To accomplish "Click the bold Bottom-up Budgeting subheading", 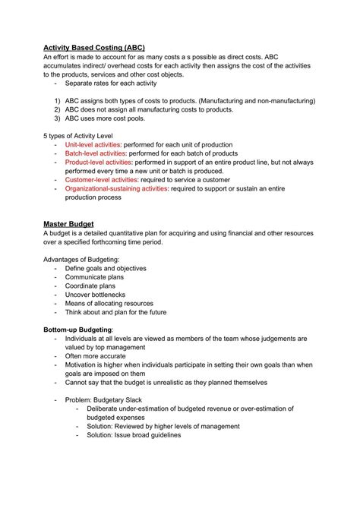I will click(x=78, y=330).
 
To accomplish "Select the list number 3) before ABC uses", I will click(x=57, y=118).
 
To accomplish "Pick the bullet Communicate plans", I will click(x=95, y=277).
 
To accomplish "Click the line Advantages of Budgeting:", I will click(x=81, y=259).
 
